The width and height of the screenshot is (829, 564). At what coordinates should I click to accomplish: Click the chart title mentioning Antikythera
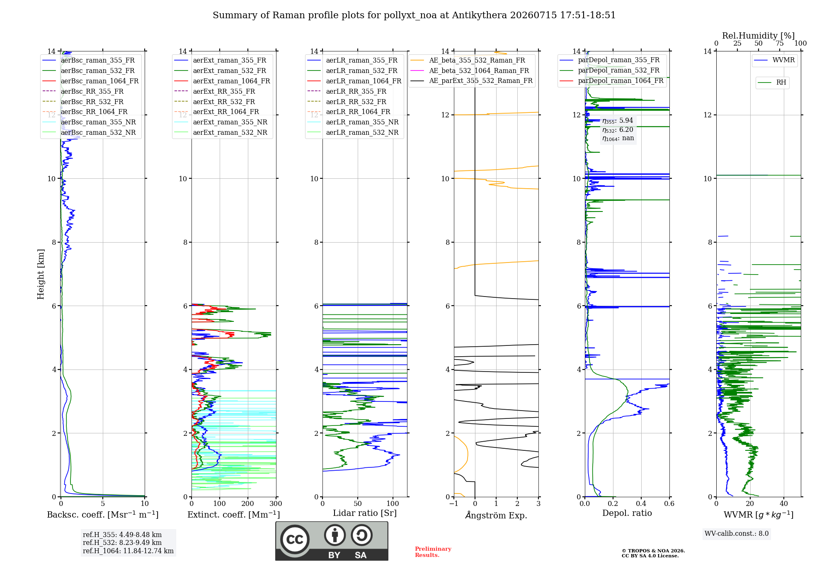coord(414,15)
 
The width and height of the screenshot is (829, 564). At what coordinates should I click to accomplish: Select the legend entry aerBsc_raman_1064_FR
coord(99,81)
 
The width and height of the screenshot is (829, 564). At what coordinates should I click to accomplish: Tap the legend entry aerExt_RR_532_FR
coord(224,102)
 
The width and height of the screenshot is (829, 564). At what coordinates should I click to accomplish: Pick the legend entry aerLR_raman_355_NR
coord(362,122)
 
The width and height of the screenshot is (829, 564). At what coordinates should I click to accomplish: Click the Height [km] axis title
coord(41,274)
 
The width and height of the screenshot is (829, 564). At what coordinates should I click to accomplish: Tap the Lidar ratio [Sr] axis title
coord(365,513)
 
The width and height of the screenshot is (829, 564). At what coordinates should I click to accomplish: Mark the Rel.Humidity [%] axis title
coord(759,36)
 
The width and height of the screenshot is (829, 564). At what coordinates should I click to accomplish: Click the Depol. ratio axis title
coord(627,513)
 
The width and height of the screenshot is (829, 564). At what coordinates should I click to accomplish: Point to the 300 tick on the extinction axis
coord(276,503)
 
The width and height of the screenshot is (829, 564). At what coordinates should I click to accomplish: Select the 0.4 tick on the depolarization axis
coord(641,503)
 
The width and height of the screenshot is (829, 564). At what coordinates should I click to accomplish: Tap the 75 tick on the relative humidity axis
coord(780,44)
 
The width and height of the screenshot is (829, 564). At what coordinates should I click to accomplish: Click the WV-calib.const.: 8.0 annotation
coord(737,534)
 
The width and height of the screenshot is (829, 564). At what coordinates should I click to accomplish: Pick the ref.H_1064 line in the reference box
coord(128,551)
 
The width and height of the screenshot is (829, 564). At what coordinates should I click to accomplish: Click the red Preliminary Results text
coord(433,552)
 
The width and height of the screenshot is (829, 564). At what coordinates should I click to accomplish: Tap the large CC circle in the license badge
coord(295,540)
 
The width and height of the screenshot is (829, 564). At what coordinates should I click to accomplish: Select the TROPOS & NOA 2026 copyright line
coord(653,551)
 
